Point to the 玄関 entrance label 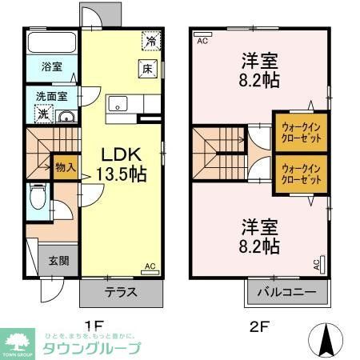58,260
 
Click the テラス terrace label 119,292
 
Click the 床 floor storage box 149,70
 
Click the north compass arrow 326,339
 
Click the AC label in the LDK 150,266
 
